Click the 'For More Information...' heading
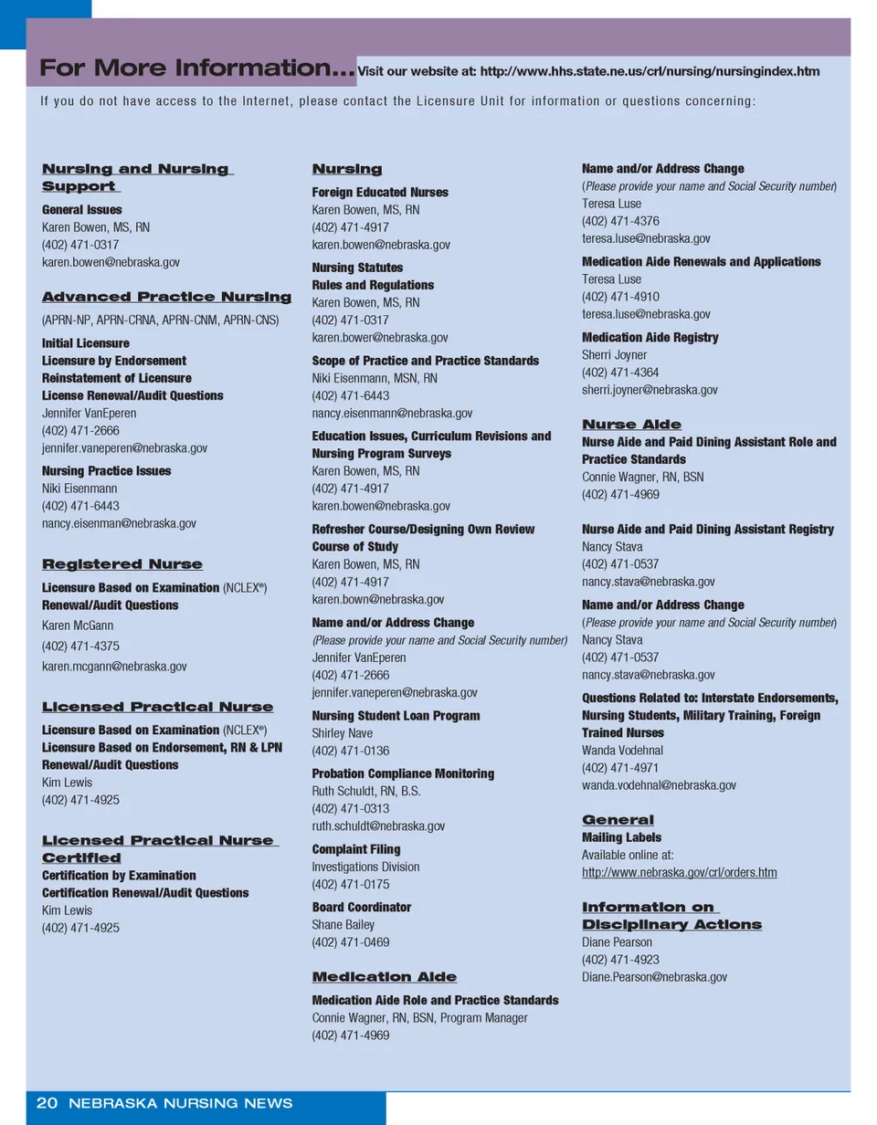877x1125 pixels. pyautogui.click(x=196, y=68)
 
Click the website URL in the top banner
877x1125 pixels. pyautogui.click(x=587, y=71)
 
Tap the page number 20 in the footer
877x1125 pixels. pyautogui.click(x=47, y=1103)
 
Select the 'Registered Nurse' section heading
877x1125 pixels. pyautogui.click(x=122, y=564)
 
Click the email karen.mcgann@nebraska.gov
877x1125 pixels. pyautogui.click(x=114, y=667)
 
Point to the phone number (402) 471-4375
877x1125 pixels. pyautogui.click(x=80, y=646)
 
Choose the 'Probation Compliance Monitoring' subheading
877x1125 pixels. pyautogui.click(x=403, y=773)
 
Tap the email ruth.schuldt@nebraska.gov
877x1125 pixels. pyautogui.click(x=378, y=826)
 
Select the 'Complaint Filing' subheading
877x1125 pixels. pyautogui.click(x=356, y=849)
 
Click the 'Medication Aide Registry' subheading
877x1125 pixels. pyautogui.click(x=650, y=338)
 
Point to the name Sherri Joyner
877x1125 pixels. pyautogui.click(x=614, y=355)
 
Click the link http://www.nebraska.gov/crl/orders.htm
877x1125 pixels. pyautogui.click(x=679, y=873)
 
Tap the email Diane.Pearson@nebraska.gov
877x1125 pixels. pyautogui.click(x=654, y=977)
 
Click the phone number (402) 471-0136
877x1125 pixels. pyautogui.click(x=350, y=751)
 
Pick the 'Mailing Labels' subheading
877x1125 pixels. pyautogui.click(x=621, y=837)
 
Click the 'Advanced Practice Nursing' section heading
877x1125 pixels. pyautogui.click(x=167, y=297)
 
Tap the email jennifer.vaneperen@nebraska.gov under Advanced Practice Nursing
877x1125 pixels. pyautogui.click(x=124, y=448)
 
